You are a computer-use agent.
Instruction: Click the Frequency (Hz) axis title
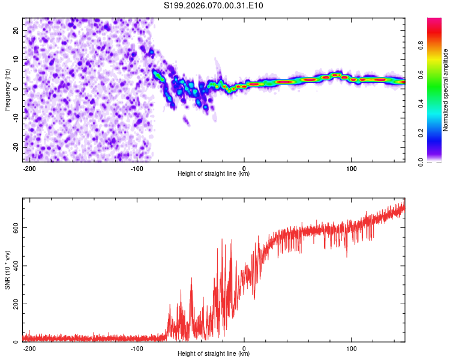pos(8,89)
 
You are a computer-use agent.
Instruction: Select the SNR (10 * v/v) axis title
pos(8,269)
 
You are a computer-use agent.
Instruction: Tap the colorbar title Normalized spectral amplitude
pos(446,90)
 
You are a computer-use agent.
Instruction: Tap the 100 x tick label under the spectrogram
pos(351,167)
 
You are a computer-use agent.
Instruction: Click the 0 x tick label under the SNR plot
pos(244,347)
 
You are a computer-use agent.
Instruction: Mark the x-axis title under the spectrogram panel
pos(214,174)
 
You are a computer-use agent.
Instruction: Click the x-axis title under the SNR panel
pos(214,354)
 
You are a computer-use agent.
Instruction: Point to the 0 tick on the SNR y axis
pos(17,342)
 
